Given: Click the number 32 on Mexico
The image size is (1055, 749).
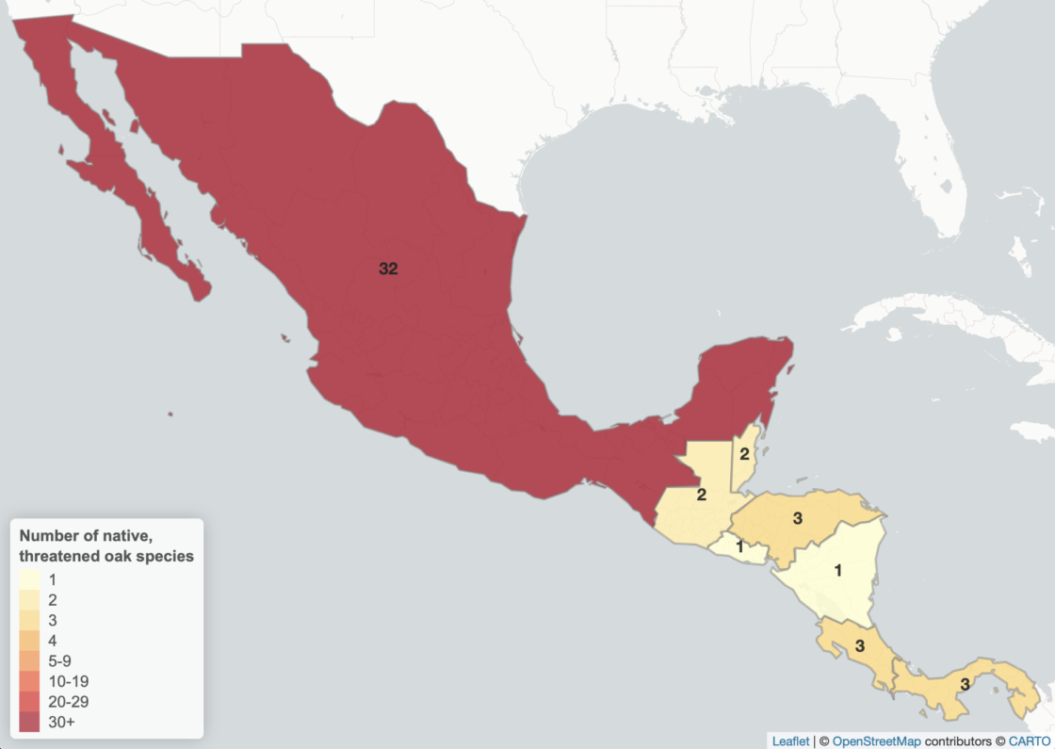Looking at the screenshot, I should [388, 269].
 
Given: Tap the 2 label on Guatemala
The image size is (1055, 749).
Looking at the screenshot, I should [702, 495].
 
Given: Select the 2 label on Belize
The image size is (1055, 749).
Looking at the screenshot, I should [744, 454].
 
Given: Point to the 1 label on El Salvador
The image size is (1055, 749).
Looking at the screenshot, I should [739, 546].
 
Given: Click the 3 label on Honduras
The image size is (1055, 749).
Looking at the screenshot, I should [797, 517].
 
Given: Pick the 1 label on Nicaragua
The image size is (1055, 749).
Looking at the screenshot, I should [837, 569].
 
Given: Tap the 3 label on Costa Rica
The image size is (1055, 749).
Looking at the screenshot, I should [859, 646].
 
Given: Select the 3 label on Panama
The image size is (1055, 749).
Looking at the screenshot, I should [964, 684].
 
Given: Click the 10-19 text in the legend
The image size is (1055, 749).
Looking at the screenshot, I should [68, 681].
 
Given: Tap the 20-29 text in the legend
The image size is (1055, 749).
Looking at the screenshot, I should [68, 702].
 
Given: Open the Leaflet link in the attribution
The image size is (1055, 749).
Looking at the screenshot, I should [789, 741].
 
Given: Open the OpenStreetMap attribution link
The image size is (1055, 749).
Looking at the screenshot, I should [876, 741].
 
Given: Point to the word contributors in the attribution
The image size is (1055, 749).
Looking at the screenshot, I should [958, 741].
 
